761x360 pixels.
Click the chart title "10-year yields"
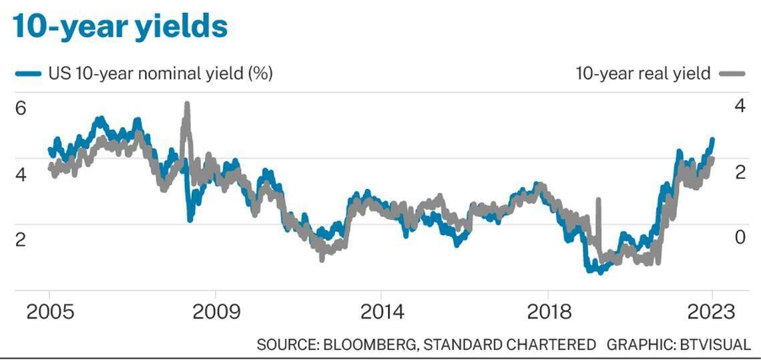point(120,27)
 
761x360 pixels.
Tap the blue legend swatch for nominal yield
point(27,73)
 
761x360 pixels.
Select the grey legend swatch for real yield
point(732,73)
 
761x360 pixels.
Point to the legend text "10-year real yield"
point(643,73)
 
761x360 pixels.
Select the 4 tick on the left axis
point(21,174)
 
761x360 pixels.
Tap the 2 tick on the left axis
point(21,240)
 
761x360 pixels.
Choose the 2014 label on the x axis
point(381,312)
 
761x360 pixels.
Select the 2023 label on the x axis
point(712,312)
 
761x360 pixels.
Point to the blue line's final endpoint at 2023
point(712,140)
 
